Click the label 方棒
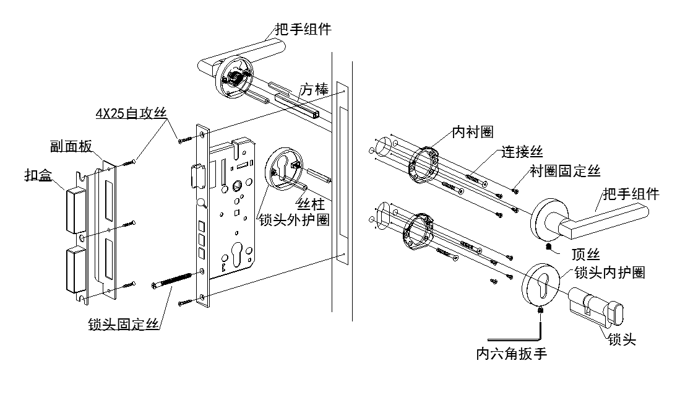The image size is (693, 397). coord(314,89)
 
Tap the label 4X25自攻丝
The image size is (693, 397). coord(131,113)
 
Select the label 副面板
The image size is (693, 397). coord(71,146)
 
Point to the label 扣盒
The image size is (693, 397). coord(38,175)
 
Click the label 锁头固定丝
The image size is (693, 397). coord(123,324)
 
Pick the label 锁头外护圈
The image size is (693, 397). coord(294,219)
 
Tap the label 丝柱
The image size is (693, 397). coord(310,204)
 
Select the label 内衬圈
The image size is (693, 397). coord(473,131)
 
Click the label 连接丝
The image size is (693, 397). coord(522,152)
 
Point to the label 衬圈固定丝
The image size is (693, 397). coord(566,171)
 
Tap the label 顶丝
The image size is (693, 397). coord(585,255)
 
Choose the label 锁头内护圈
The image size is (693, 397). coord(609,272)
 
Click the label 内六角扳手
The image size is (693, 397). coord(511,354)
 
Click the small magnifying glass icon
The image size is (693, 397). coord(202,203)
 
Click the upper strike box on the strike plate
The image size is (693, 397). coord(75,210)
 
